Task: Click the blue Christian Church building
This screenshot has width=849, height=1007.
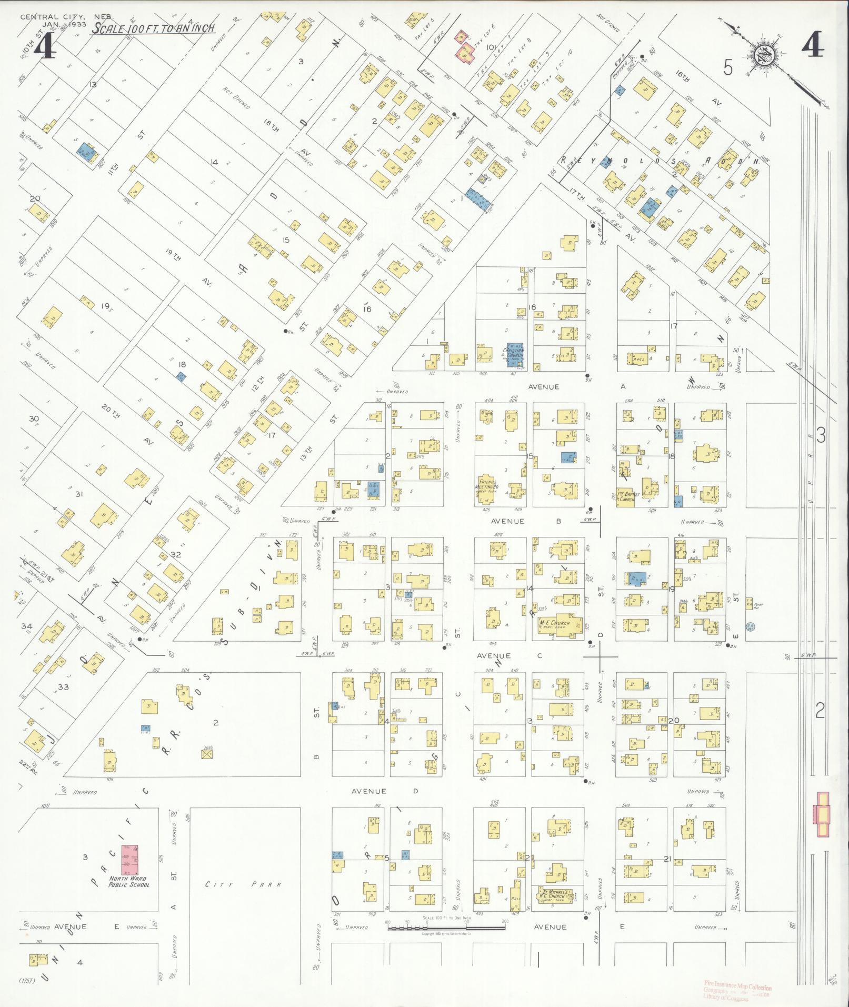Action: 514,355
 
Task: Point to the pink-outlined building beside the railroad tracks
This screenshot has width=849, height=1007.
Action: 822,821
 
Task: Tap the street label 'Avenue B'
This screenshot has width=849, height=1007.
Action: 526,521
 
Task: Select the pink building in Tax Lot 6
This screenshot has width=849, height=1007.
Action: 465,47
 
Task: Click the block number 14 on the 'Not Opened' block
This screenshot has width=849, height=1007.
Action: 214,162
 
